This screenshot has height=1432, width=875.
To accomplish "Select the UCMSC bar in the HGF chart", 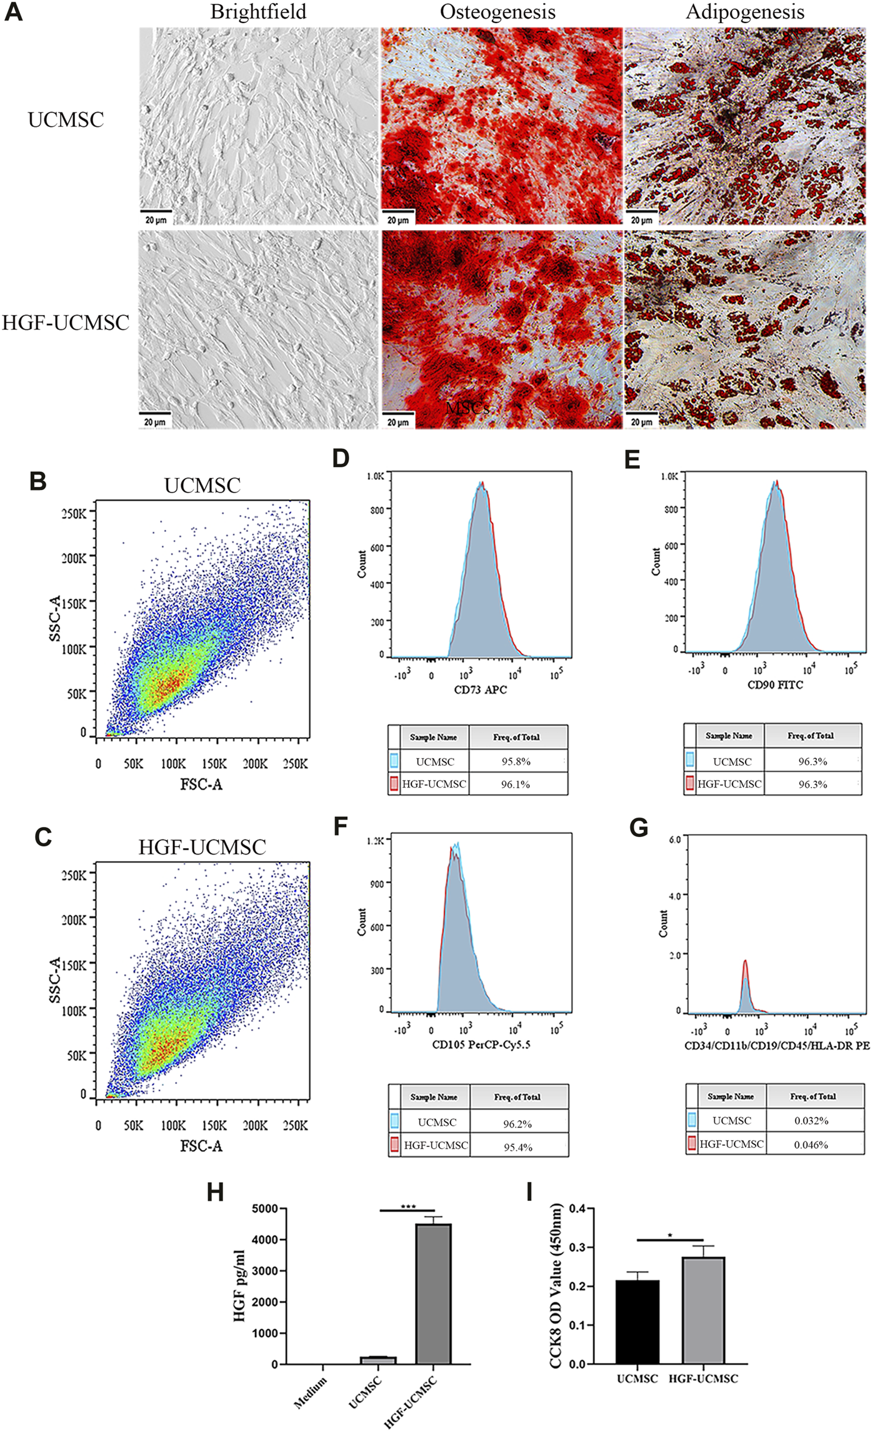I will click(377, 1360).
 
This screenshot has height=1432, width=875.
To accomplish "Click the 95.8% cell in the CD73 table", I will click(516, 761).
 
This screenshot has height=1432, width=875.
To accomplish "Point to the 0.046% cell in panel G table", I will click(811, 1144).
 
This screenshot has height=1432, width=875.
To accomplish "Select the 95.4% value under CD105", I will click(517, 1146).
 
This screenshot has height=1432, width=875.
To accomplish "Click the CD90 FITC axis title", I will click(775, 685).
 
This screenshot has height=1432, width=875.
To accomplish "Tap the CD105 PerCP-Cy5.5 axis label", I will click(481, 1044).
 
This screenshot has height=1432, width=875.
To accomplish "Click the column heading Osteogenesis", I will click(497, 12).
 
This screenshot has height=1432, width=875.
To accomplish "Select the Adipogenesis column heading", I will click(744, 12).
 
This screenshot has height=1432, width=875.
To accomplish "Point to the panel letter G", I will click(639, 828).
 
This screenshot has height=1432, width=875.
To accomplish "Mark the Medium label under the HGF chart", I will click(311, 1393).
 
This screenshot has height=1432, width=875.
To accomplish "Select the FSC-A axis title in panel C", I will click(201, 1146).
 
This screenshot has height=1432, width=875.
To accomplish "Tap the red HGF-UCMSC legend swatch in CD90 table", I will click(689, 783).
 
